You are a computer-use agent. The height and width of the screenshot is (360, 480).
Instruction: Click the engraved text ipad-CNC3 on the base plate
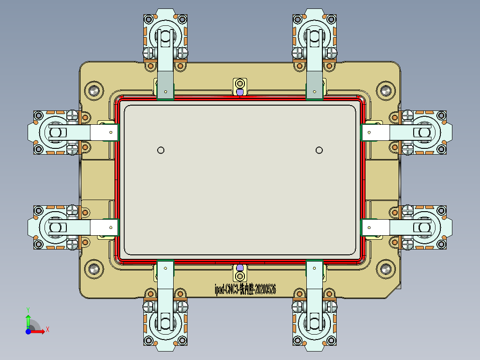tap(245, 290)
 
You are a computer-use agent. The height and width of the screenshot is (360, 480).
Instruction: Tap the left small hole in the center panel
tap(161, 150)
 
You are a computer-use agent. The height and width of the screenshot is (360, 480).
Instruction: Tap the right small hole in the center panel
tap(319, 150)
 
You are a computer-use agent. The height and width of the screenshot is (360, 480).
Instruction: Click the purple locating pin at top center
tap(240, 92)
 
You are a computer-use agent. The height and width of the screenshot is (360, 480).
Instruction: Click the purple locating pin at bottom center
tap(240, 267)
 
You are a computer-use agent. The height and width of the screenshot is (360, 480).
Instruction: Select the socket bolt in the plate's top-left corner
tap(94, 90)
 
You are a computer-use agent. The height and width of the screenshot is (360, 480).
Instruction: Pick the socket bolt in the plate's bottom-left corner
tap(94, 269)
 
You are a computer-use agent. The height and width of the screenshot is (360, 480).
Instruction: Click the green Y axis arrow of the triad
tap(28, 319)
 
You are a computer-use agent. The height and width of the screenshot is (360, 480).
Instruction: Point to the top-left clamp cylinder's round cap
tap(166, 36)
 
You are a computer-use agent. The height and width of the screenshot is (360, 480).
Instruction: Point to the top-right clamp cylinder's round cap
tap(315, 36)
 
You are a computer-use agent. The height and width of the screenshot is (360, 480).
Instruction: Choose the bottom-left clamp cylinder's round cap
tap(166, 324)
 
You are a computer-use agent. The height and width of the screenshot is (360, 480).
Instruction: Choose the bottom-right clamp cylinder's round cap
tap(315, 324)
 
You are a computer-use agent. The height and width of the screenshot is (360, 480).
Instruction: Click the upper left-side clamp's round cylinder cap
tap(55, 132)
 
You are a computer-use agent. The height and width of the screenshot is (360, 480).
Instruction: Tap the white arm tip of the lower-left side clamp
tap(105, 228)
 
